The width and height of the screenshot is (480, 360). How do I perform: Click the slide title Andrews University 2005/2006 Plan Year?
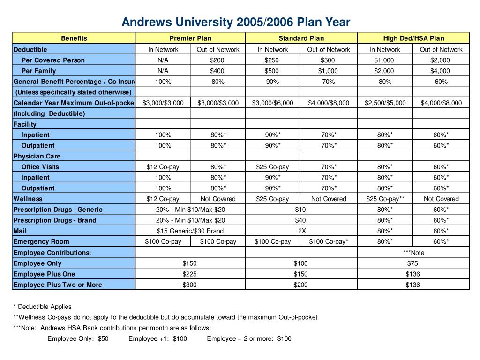tap(236, 22)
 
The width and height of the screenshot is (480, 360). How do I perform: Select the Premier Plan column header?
tap(190, 38)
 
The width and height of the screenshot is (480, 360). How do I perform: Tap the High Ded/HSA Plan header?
tap(413, 38)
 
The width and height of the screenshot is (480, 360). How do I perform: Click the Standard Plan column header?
tap(301, 38)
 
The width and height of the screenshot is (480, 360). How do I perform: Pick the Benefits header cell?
tap(74, 38)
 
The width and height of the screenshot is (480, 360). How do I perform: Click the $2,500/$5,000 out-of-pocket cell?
tap(385, 103)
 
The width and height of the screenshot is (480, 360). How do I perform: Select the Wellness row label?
tap(28, 199)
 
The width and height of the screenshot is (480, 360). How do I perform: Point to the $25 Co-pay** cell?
tap(385, 199)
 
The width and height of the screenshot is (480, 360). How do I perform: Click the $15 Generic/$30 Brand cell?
tap(190, 231)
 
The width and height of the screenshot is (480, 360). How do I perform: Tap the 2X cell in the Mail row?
tap(301, 231)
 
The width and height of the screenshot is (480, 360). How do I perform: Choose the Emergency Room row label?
tap(41, 242)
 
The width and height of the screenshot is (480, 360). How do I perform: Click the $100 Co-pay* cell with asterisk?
tap(329, 242)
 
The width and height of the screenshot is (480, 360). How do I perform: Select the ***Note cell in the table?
tap(413, 253)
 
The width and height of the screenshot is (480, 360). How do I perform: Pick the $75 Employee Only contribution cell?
tap(413, 263)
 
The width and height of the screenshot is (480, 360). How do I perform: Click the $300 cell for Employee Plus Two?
tap(190, 285)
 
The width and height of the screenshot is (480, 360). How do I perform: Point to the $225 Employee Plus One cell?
tap(190, 274)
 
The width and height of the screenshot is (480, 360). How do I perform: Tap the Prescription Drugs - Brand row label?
tap(55, 220)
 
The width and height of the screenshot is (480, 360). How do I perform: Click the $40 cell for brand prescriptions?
tap(300, 220)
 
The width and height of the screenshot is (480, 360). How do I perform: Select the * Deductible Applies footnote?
tap(43, 307)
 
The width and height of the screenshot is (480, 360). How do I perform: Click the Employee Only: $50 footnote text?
tap(78, 338)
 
